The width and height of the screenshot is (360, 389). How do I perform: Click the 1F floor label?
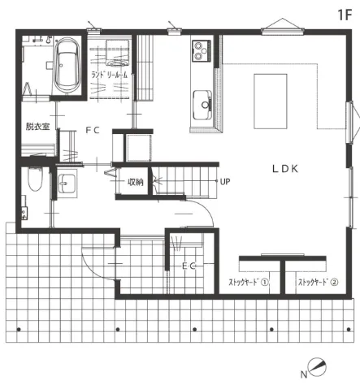[345, 15]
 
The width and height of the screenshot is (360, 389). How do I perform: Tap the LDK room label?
[285, 169]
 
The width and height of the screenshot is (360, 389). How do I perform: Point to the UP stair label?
[225, 182]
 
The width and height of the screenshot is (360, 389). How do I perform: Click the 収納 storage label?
[136, 182]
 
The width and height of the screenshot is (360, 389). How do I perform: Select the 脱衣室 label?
[38, 127]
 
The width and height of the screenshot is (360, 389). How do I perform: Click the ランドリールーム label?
[110, 75]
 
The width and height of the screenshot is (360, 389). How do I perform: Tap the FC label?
[93, 130]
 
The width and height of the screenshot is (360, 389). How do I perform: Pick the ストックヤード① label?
[249, 282]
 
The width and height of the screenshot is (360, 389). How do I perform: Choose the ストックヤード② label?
[319, 282]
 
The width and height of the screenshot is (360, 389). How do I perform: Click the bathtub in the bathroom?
[68, 66]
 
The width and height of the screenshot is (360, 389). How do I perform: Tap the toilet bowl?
[35, 179]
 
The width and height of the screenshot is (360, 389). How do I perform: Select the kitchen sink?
[202, 105]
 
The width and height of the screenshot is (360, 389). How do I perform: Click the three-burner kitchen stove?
[202, 50]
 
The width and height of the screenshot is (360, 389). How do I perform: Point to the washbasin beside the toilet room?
[67, 184]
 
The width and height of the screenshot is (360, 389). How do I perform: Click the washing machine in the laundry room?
[118, 53]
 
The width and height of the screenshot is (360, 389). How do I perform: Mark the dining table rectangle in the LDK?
[271, 102]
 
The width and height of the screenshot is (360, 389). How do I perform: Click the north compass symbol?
[317, 367]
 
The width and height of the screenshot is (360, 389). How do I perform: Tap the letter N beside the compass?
[304, 374]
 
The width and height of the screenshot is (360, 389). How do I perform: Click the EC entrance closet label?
[189, 266]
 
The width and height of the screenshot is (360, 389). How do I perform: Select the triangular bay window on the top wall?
[283, 26]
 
